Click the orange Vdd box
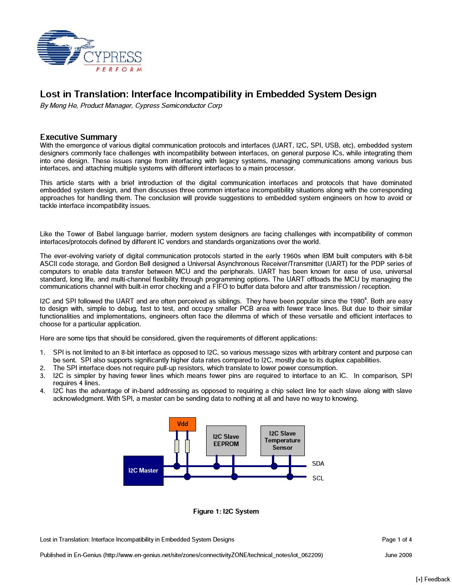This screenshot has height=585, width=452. tap(182, 424)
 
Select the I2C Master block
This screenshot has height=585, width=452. tap(143, 471)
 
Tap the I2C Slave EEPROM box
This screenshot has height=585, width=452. tap(226, 441)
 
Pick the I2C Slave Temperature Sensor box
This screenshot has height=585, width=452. tap(282, 441)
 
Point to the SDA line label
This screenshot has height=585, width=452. tap(318, 464)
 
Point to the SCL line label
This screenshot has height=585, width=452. tap(318, 479)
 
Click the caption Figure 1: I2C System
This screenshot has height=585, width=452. tap(226, 511)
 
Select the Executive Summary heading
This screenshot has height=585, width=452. tap(79, 137)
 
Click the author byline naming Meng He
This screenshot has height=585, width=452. tap(131, 106)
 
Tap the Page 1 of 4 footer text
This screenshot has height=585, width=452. tap(397, 540)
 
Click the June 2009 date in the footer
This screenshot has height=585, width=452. tap(398, 555)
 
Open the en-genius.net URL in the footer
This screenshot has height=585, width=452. tap(213, 555)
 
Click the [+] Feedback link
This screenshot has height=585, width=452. tap(433, 580)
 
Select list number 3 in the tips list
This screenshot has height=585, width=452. tap(43, 376)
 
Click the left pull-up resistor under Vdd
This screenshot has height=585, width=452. tap(177, 446)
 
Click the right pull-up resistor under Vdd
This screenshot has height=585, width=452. tap(187, 446)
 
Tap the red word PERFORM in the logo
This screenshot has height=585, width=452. tap(119, 69)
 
